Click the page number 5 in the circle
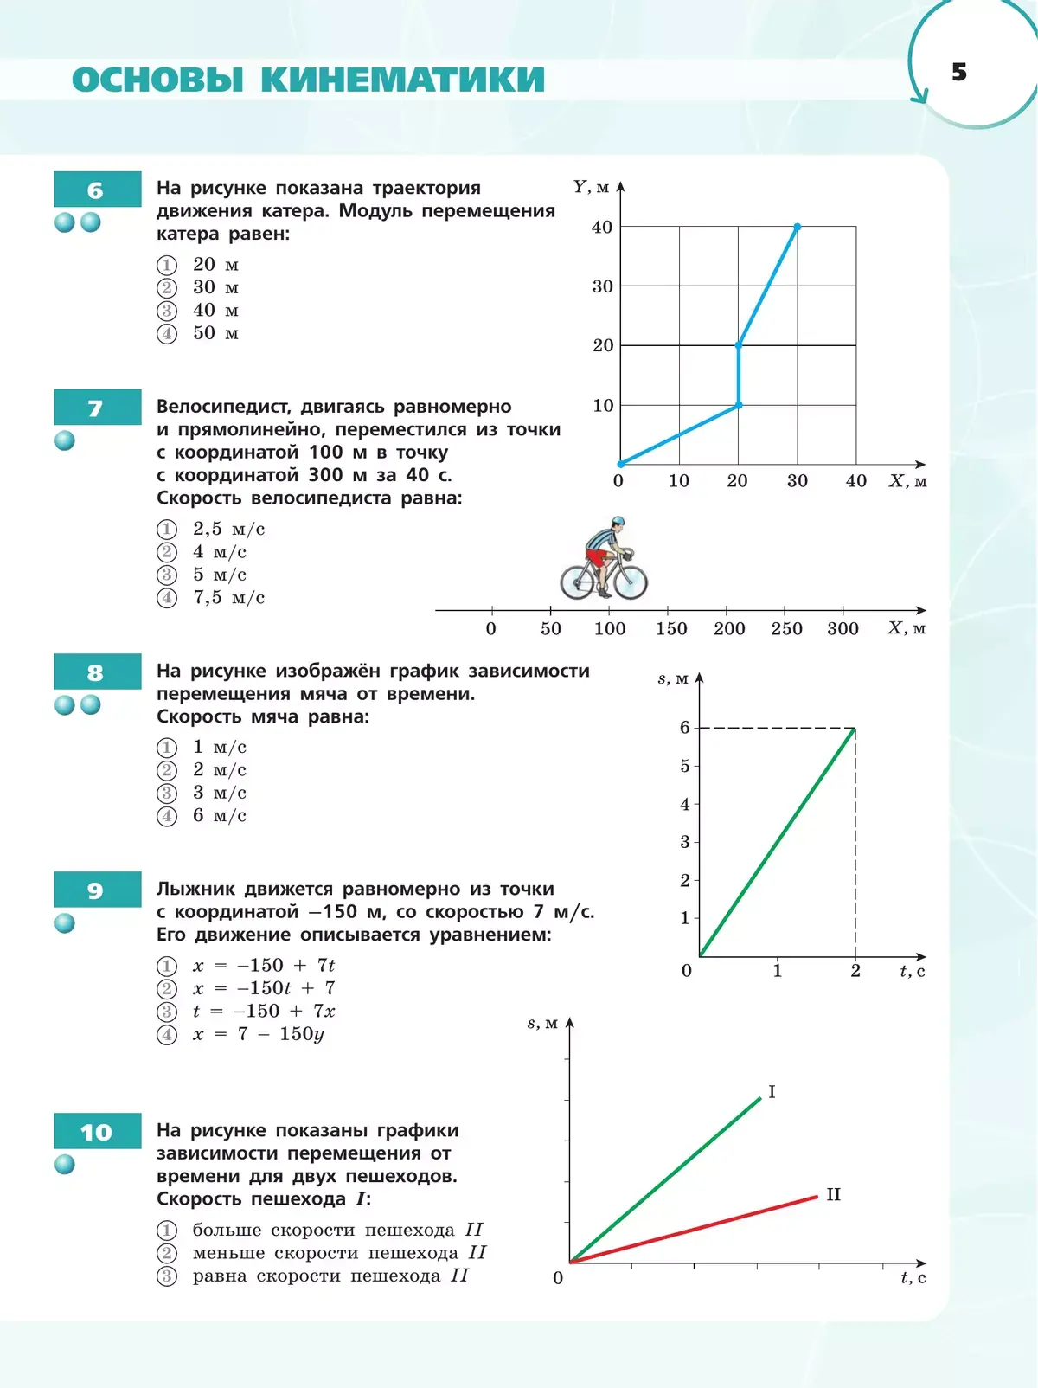click(x=958, y=72)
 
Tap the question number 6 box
click(x=97, y=190)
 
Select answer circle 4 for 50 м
click(x=167, y=334)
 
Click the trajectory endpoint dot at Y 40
click(x=797, y=227)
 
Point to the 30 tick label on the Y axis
click(x=602, y=286)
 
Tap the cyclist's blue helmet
click(x=617, y=522)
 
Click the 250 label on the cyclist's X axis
click(x=786, y=629)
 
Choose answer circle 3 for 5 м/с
click(x=167, y=575)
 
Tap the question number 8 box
click(x=97, y=672)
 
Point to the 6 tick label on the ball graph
click(x=685, y=728)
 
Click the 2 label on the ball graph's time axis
click(x=855, y=971)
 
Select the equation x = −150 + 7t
click(x=264, y=966)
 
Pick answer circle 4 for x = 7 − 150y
click(x=167, y=1035)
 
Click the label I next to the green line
click(x=772, y=1092)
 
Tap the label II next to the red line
click(x=833, y=1195)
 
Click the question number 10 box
click(x=97, y=1132)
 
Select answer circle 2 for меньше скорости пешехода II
click(x=167, y=1254)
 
